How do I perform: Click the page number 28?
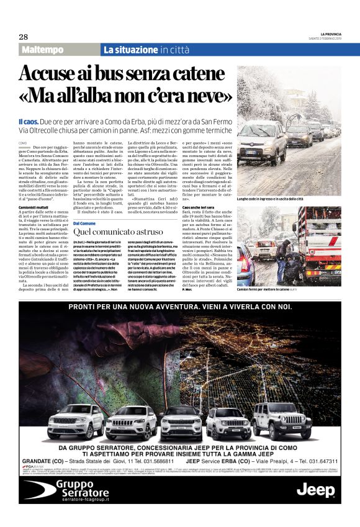[23, 36]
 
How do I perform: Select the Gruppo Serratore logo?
[69, 489]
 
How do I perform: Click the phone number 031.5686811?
[153, 461]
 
